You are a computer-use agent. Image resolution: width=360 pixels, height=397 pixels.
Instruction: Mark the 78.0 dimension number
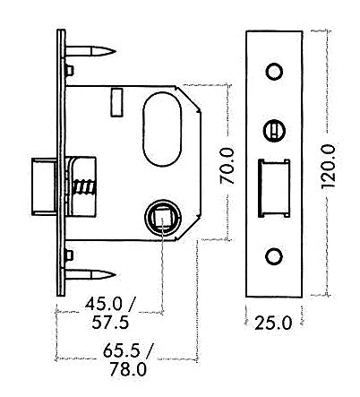click(x=124, y=369)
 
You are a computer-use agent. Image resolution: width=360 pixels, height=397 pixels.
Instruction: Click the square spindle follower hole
click(x=161, y=215)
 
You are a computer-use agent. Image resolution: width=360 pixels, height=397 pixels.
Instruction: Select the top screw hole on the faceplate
click(x=274, y=71)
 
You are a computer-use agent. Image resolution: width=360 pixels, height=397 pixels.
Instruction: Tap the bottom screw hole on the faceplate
click(x=274, y=257)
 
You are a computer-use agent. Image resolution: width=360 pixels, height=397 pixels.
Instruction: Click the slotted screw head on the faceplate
click(x=274, y=132)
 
